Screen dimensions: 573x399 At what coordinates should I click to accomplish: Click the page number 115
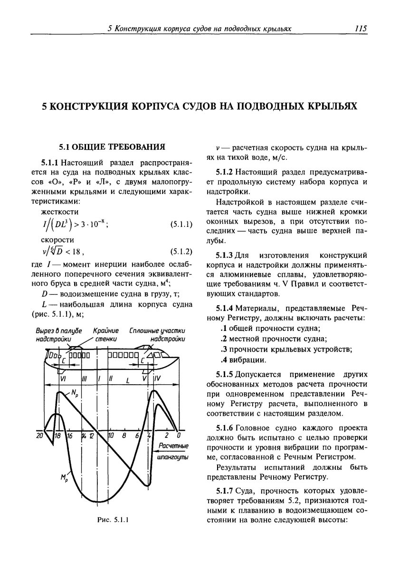(x=361, y=29)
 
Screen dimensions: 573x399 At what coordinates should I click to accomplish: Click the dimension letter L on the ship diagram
(x=127, y=380)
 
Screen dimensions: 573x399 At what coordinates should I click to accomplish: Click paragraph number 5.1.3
(x=225, y=254)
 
